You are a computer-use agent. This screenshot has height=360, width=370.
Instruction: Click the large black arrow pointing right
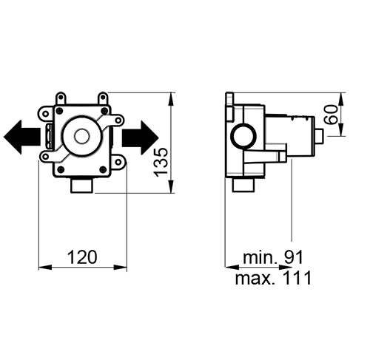point(140,137)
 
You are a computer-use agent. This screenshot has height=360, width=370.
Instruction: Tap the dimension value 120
point(82,257)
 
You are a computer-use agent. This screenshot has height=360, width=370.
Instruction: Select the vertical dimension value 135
point(161,163)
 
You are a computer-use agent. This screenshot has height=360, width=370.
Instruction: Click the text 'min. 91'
point(273,257)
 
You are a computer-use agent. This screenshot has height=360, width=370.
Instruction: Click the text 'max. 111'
point(273,278)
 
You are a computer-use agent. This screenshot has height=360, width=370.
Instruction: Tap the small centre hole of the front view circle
point(81,136)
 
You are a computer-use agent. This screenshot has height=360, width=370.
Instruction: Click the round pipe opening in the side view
point(243,136)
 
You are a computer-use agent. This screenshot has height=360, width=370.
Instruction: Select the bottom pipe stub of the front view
point(82,186)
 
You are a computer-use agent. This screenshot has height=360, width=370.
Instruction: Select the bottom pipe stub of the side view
point(243,185)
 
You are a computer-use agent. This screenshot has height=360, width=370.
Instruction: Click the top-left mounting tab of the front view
point(61,98)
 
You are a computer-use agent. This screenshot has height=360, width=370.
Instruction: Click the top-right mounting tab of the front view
point(103,98)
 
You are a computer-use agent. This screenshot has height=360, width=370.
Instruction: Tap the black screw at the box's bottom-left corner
point(61,169)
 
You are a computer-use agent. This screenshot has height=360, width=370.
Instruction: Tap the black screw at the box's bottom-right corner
point(103,169)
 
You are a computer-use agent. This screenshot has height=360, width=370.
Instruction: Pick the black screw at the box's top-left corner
point(59,111)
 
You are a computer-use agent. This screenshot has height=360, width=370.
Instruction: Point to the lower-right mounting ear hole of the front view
point(118,162)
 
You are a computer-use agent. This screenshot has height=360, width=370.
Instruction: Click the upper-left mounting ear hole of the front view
point(46,114)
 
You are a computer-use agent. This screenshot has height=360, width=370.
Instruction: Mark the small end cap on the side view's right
point(320,136)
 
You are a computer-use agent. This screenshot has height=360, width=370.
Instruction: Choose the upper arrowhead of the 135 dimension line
point(171,99)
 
